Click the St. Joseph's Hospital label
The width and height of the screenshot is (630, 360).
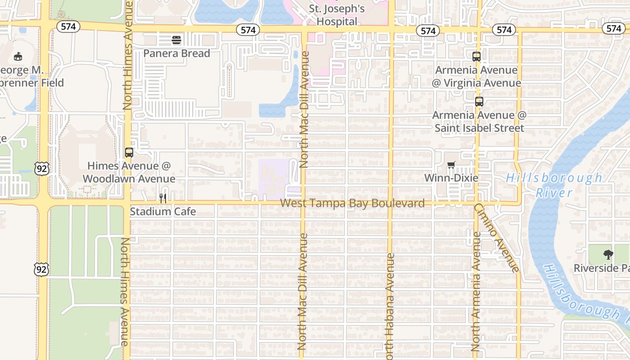(337, 15)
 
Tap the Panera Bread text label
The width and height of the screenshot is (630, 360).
(176, 54)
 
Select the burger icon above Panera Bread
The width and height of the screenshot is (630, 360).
(176, 40)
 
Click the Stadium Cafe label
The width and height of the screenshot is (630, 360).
(163, 211)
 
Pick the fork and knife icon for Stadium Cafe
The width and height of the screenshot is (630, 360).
(163, 198)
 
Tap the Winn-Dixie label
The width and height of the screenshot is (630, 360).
(451, 178)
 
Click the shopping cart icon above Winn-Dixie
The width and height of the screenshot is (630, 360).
(451, 165)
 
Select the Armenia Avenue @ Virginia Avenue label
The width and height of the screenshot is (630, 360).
(477, 76)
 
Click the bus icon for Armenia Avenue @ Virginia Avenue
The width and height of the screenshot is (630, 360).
(477, 57)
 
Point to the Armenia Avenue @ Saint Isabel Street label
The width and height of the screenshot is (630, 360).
(479, 121)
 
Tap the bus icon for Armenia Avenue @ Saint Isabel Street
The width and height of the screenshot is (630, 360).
(479, 102)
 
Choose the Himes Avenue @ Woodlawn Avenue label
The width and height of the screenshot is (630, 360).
(129, 172)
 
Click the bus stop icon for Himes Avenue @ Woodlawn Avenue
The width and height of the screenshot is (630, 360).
(129, 153)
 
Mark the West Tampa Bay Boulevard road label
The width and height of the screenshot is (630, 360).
(352, 203)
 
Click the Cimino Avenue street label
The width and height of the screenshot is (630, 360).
(497, 238)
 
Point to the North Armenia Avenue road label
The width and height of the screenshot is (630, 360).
(475, 292)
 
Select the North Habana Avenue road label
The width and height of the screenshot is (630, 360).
(390, 306)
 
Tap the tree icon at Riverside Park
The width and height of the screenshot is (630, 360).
(608, 255)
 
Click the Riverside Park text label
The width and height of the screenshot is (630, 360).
(601, 269)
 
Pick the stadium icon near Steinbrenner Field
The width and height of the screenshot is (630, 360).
(18, 57)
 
